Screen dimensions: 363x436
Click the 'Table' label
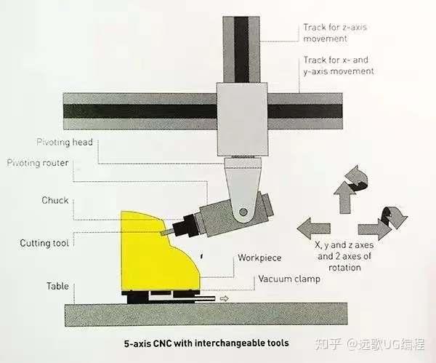point(58,286)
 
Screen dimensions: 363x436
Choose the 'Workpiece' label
point(259,258)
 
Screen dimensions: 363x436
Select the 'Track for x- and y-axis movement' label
point(339,65)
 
